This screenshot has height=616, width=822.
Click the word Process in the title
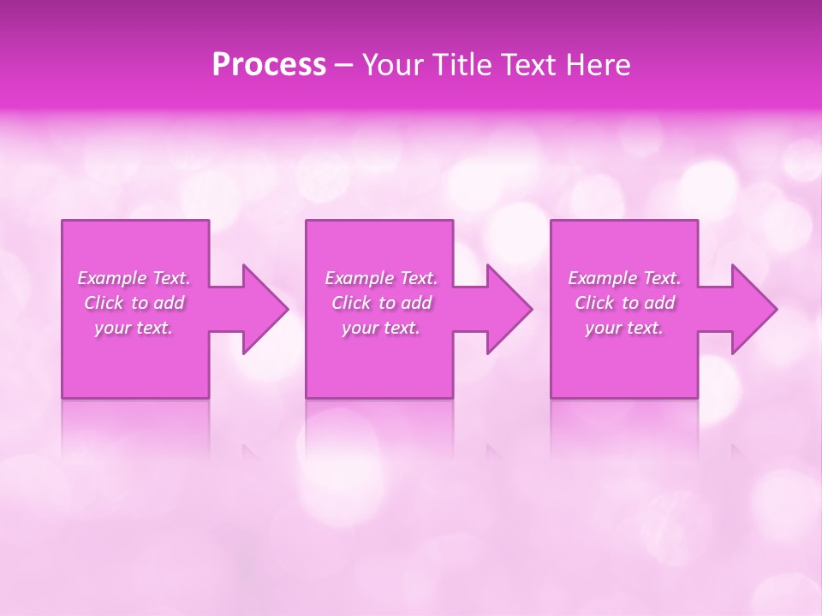(269, 65)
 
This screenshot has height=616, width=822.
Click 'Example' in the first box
(112, 278)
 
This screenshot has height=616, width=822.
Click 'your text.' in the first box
(134, 328)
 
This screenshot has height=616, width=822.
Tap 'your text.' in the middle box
(381, 328)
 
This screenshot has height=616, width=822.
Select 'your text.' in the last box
(624, 328)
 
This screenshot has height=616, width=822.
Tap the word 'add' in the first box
(170, 303)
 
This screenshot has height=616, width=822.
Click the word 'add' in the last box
(660, 303)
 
